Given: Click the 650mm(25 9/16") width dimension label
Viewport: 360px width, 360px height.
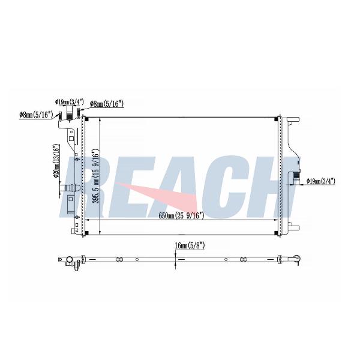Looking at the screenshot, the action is [x=181, y=215].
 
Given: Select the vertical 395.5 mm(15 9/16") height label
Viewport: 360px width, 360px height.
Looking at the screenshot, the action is [x=95, y=176].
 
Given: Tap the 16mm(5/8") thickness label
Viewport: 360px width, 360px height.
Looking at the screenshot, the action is [x=190, y=245].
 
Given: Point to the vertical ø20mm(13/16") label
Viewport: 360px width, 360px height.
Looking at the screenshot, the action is [x=56, y=161].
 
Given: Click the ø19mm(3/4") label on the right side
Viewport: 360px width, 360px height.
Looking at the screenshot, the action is [x=321, y=181].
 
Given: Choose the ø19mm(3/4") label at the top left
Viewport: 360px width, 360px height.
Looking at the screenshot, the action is [x=70, y=102].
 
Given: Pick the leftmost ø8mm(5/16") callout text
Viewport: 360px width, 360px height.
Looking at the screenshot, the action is [x=36, y=115].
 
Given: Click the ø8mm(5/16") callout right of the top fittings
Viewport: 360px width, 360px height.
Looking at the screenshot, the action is [x=107, y=104].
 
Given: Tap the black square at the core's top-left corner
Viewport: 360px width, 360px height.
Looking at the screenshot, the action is [x=86, y=119].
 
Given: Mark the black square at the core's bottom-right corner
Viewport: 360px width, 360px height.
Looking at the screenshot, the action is [x=277, y=233].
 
